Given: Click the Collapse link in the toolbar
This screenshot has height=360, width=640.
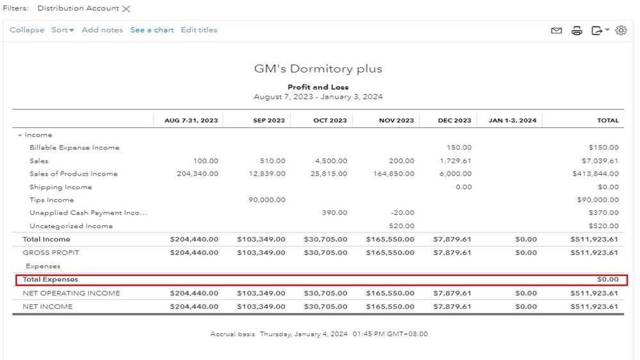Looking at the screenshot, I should coord(27,30).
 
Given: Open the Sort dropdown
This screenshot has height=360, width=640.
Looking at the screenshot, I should coord(63,30).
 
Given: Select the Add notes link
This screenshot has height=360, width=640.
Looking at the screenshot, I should coord(102,30).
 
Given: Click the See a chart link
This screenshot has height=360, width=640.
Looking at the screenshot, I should coord(152,30).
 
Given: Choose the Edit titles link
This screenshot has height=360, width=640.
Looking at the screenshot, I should coord(199,30).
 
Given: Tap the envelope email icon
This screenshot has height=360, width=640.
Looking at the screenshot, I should coord(557,31).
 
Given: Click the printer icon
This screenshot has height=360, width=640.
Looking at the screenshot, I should coord(577,31).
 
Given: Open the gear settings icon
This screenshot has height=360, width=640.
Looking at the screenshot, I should coord(621,31).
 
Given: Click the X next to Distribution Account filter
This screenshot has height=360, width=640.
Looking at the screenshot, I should coord(126,9).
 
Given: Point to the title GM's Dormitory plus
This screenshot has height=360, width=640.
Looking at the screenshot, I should coord(318,69).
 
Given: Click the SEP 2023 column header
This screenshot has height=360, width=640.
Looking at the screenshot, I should coord(268,120).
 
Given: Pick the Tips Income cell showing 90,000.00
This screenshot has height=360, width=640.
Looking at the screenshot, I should coord(267,200).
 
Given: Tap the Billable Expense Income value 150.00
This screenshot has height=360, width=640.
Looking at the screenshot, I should coord(459,147).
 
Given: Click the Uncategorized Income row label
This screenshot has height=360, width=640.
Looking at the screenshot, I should coord(71,226).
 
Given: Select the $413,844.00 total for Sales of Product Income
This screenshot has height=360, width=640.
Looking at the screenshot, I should coord(595,174).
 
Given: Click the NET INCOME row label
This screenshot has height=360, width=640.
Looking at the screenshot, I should coord(47,307).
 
